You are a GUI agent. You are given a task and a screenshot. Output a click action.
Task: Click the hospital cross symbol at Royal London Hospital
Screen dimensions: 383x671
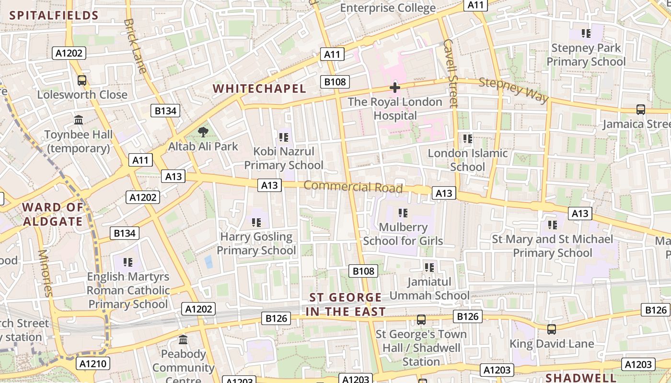coord(394,88)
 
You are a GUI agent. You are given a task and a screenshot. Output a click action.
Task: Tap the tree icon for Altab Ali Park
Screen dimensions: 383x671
coord(203,132)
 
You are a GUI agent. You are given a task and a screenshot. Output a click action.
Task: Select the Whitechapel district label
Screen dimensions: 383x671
coord(259,89)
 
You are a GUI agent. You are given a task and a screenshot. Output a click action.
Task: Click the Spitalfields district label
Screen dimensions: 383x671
coord(54,15)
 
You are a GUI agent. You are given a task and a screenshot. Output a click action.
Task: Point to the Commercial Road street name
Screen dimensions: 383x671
coord(353,187)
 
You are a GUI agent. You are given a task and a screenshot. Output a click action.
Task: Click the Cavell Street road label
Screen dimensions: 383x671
coord(451,72)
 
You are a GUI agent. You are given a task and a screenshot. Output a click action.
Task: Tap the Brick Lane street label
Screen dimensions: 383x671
coord(135,45)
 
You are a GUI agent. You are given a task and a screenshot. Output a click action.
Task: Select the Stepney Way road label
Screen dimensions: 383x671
coord(513,90)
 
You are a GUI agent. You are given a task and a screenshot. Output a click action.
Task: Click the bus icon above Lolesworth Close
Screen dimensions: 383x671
coord(82,80)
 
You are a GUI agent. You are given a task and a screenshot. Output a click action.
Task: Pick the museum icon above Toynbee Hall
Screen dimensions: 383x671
coord(79,120)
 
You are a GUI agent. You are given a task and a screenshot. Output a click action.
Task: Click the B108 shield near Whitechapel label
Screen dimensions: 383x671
coord(335,82)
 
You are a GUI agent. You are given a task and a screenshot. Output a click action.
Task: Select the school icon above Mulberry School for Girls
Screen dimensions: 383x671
coord(403,213)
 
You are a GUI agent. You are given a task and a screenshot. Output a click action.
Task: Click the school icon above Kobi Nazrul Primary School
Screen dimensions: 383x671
coord(283,137)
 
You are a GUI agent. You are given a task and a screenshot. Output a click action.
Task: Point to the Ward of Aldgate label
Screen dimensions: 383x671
coord(53,214)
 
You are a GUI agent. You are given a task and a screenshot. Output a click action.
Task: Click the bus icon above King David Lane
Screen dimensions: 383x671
coord(552,329)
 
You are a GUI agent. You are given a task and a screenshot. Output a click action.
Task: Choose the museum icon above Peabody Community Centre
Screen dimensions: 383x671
coord(183,340)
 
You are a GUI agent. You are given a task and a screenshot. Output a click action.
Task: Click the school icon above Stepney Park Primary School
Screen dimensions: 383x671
coord(586,34)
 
